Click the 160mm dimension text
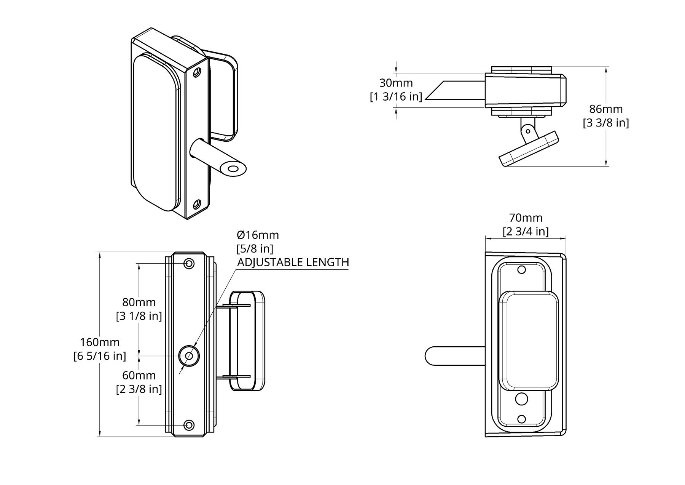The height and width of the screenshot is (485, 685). coord(100,342)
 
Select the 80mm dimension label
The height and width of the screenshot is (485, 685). coord(139,302)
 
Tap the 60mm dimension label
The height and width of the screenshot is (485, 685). coord(139,375)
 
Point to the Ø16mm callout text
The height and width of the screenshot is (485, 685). coord(258,235)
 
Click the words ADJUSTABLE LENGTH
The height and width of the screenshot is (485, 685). coord(293,262)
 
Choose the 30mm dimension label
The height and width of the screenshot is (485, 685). coord(396,83)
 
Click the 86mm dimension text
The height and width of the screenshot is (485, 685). coord(606,109)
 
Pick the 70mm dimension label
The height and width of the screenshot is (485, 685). coord(526,218)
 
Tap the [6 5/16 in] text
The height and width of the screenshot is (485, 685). coord(100,356)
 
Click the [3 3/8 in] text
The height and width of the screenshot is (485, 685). coord(606,123)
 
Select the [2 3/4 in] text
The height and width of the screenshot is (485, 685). coord(526,232)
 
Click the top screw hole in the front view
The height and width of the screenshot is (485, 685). coord(189,263)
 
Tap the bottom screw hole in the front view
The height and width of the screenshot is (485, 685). coord(189,425)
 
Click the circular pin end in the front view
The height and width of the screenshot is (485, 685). coord(189,356)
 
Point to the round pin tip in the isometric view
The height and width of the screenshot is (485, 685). coord(233,168)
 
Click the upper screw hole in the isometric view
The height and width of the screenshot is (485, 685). coord(198,72)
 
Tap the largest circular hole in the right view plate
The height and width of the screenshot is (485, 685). coord(521,399)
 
